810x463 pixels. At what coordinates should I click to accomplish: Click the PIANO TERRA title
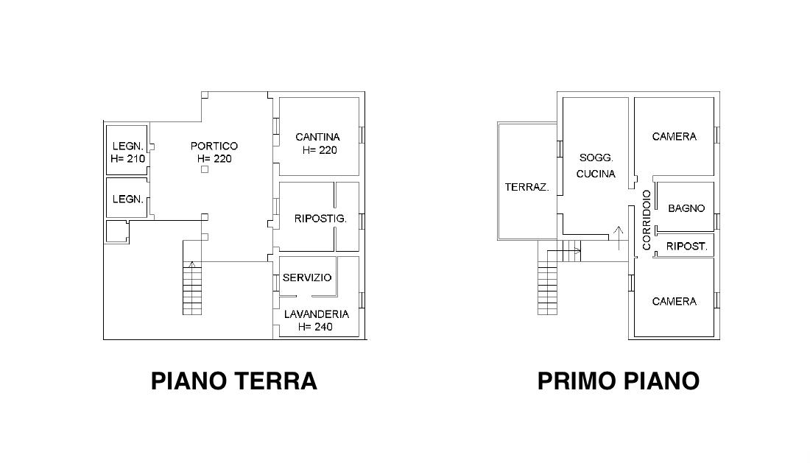[233, 381]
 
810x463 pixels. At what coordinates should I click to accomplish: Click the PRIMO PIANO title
[619, 381]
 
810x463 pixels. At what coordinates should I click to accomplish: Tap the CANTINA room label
[317, 137]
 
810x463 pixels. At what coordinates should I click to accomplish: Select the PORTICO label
[214, 146]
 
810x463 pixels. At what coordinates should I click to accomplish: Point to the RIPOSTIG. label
[320, 219]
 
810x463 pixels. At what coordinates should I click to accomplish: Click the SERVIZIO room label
[307, 278]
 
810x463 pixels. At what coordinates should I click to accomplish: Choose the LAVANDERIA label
[317, 314]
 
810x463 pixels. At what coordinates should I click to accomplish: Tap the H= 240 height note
[315, 327]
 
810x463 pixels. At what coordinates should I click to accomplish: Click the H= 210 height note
[127, 158]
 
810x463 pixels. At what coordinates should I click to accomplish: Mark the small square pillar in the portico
[205, 169]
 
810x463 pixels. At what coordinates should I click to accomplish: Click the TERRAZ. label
[527, 188]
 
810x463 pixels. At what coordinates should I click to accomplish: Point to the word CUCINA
[596, 174]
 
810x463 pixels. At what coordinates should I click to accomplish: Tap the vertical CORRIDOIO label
[647, 220]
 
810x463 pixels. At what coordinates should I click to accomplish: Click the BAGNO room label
[686, 208]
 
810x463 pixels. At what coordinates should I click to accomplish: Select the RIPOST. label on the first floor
[686, 247]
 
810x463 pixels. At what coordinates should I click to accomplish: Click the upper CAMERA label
[674, 137]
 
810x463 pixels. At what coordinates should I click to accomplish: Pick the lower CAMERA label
[674, 302]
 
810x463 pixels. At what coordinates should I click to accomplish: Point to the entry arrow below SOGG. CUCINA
[618, 238]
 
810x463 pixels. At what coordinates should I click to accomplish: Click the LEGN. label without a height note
[127, 199]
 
